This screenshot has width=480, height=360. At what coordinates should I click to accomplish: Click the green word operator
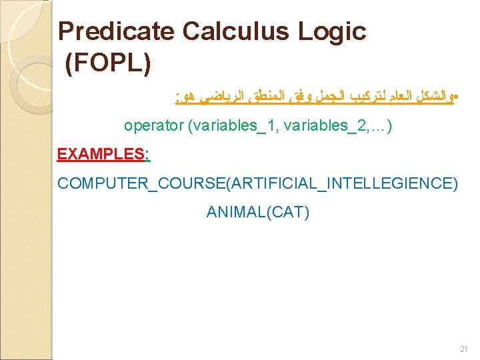coord(154,125)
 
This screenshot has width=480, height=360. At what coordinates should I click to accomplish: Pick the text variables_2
coord(323,125)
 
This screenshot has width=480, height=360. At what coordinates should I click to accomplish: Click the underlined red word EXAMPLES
coord(100,154)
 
